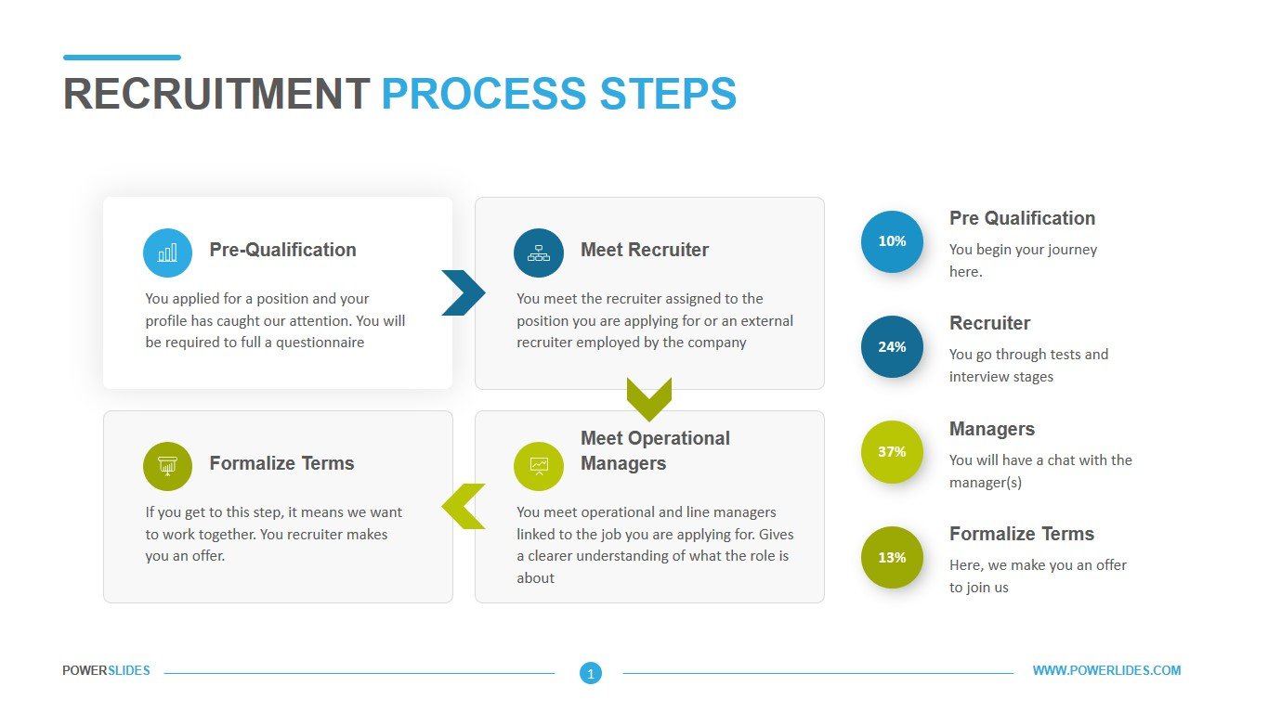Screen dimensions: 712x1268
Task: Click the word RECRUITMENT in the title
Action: pos(216,95)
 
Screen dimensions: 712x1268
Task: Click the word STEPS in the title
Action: pos(668,95)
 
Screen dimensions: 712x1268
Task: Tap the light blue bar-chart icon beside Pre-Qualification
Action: pos(167,252)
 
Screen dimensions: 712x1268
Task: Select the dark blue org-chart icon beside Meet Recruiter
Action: pos(539,252)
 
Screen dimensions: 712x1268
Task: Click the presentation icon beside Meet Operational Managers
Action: pos(539,466)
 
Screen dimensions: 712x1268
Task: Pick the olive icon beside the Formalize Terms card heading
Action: pos(167,466)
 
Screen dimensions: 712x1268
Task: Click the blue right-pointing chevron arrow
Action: pos(463,292)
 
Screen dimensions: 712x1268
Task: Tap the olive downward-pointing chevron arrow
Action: pos(648,398)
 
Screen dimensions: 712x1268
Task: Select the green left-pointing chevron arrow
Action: pos(464,506)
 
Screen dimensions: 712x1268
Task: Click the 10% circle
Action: pos(892,241)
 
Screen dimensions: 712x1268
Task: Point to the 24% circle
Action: pos(892,346)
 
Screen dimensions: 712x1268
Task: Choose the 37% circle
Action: pos(892,452)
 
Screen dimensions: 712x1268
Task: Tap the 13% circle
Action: pos(892,557)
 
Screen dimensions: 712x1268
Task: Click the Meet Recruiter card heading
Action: pos(644,250)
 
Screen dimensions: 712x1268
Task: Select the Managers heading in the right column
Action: pos(991,429)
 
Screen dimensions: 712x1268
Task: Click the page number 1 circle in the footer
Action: pos(590,673)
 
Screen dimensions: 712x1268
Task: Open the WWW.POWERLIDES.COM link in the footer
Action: pos(1106,670)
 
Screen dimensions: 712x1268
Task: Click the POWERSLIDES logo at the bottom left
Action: pos(106,670)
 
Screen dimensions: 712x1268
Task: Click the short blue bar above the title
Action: pos(122,58)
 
